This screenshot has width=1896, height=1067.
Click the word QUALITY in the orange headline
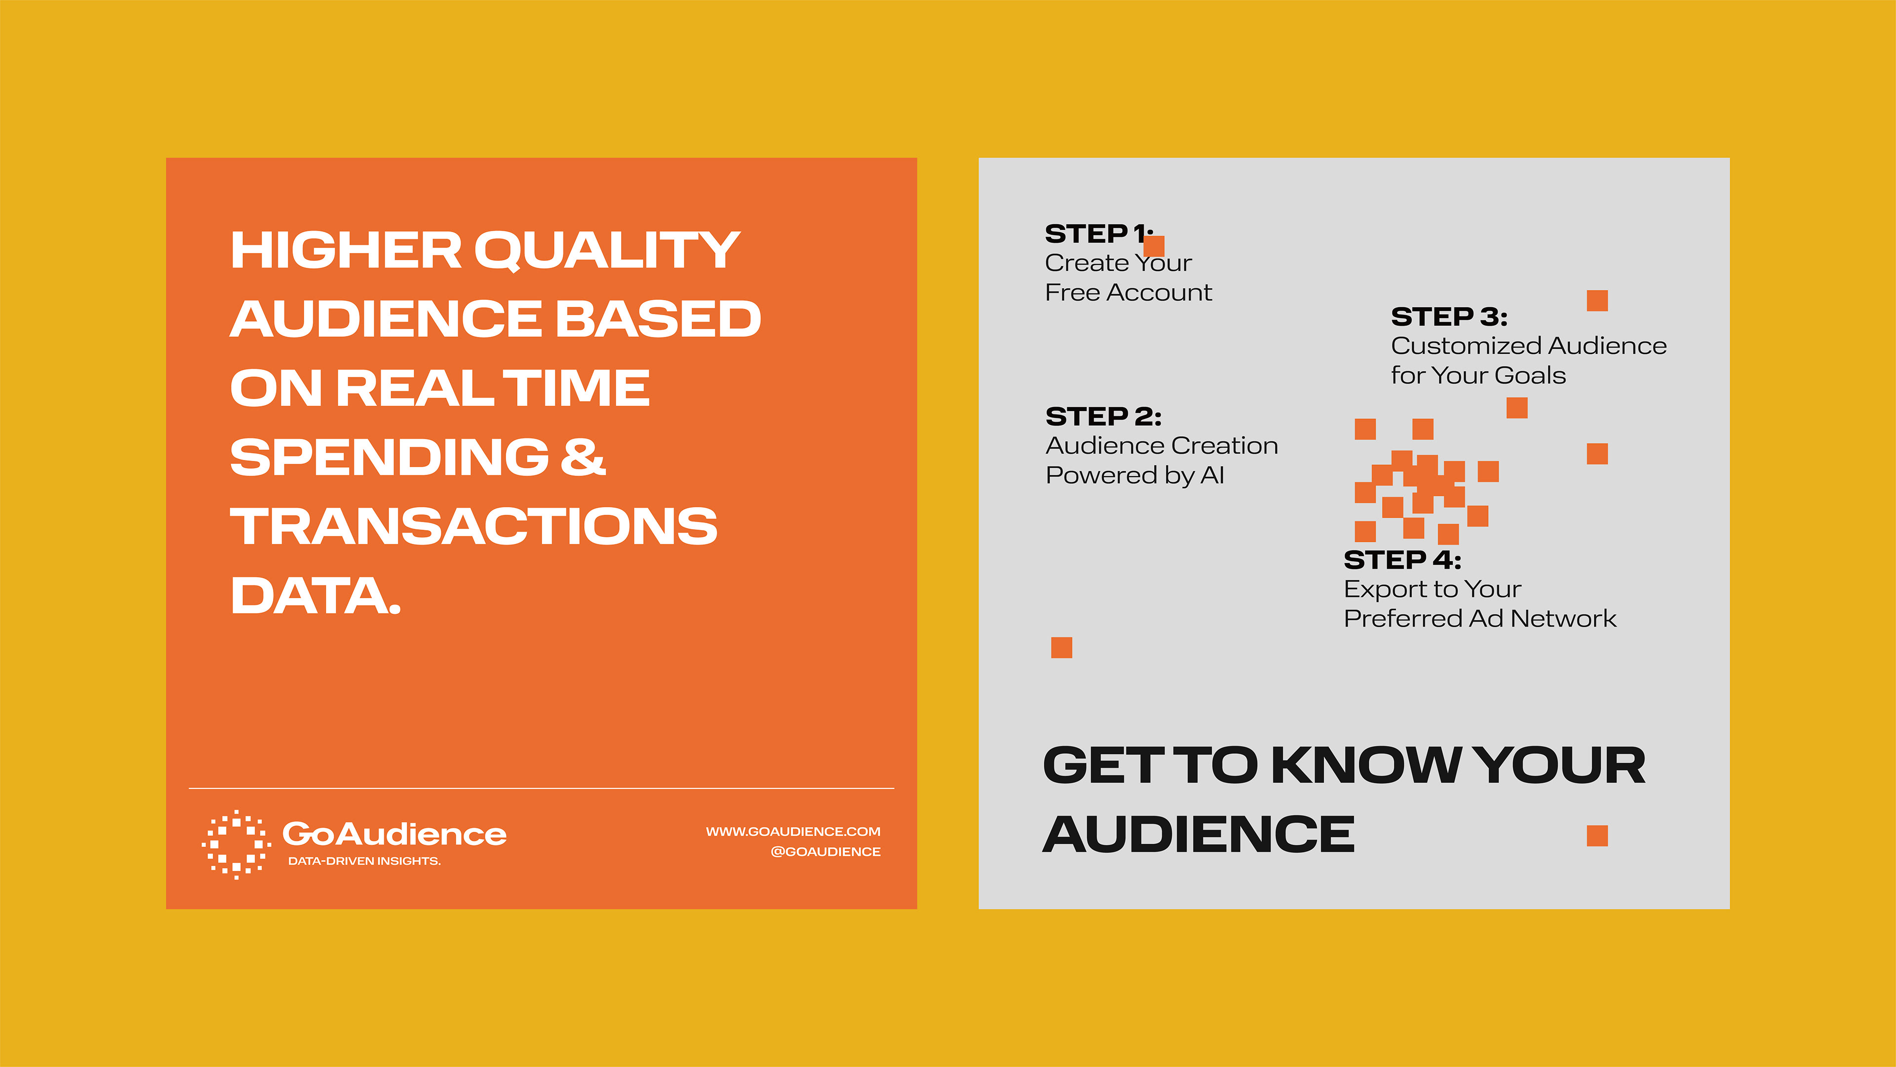pyautogui.click(x=607, y=251)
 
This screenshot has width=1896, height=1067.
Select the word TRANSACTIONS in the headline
pyautogui.click(x=474, y=527)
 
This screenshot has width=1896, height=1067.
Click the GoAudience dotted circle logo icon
pyautogui.click(x=237, y=845)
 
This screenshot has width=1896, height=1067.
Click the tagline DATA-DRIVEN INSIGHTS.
pyautogui.click(x=364, y=861)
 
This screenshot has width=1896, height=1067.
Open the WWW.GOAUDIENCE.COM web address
pyautogui.click(x=792, y=831)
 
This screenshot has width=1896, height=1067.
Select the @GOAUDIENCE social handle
pyautogui.click(x=825, y=851)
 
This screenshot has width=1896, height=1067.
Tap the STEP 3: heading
pyautogui.click(x=1449, y=317)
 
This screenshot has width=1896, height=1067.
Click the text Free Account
pyautogui.click(x=1128, y=292)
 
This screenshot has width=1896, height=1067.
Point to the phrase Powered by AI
pyautogui.click(x=1135, y=476)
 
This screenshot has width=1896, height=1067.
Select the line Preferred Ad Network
pyautogui.click(x=1480, y=618)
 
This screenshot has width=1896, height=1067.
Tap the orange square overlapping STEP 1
pyautogui.click(x=1154, y=246)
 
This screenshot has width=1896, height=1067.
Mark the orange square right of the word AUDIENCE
pyautogui.click(x=1597, y=836)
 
